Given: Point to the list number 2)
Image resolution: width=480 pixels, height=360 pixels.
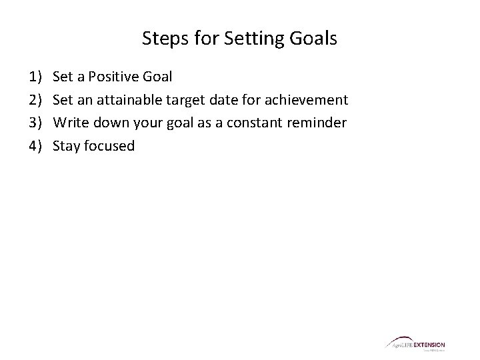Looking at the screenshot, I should [x=35, y=101].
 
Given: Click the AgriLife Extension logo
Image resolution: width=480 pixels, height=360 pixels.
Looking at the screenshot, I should [x=415, y=345].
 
